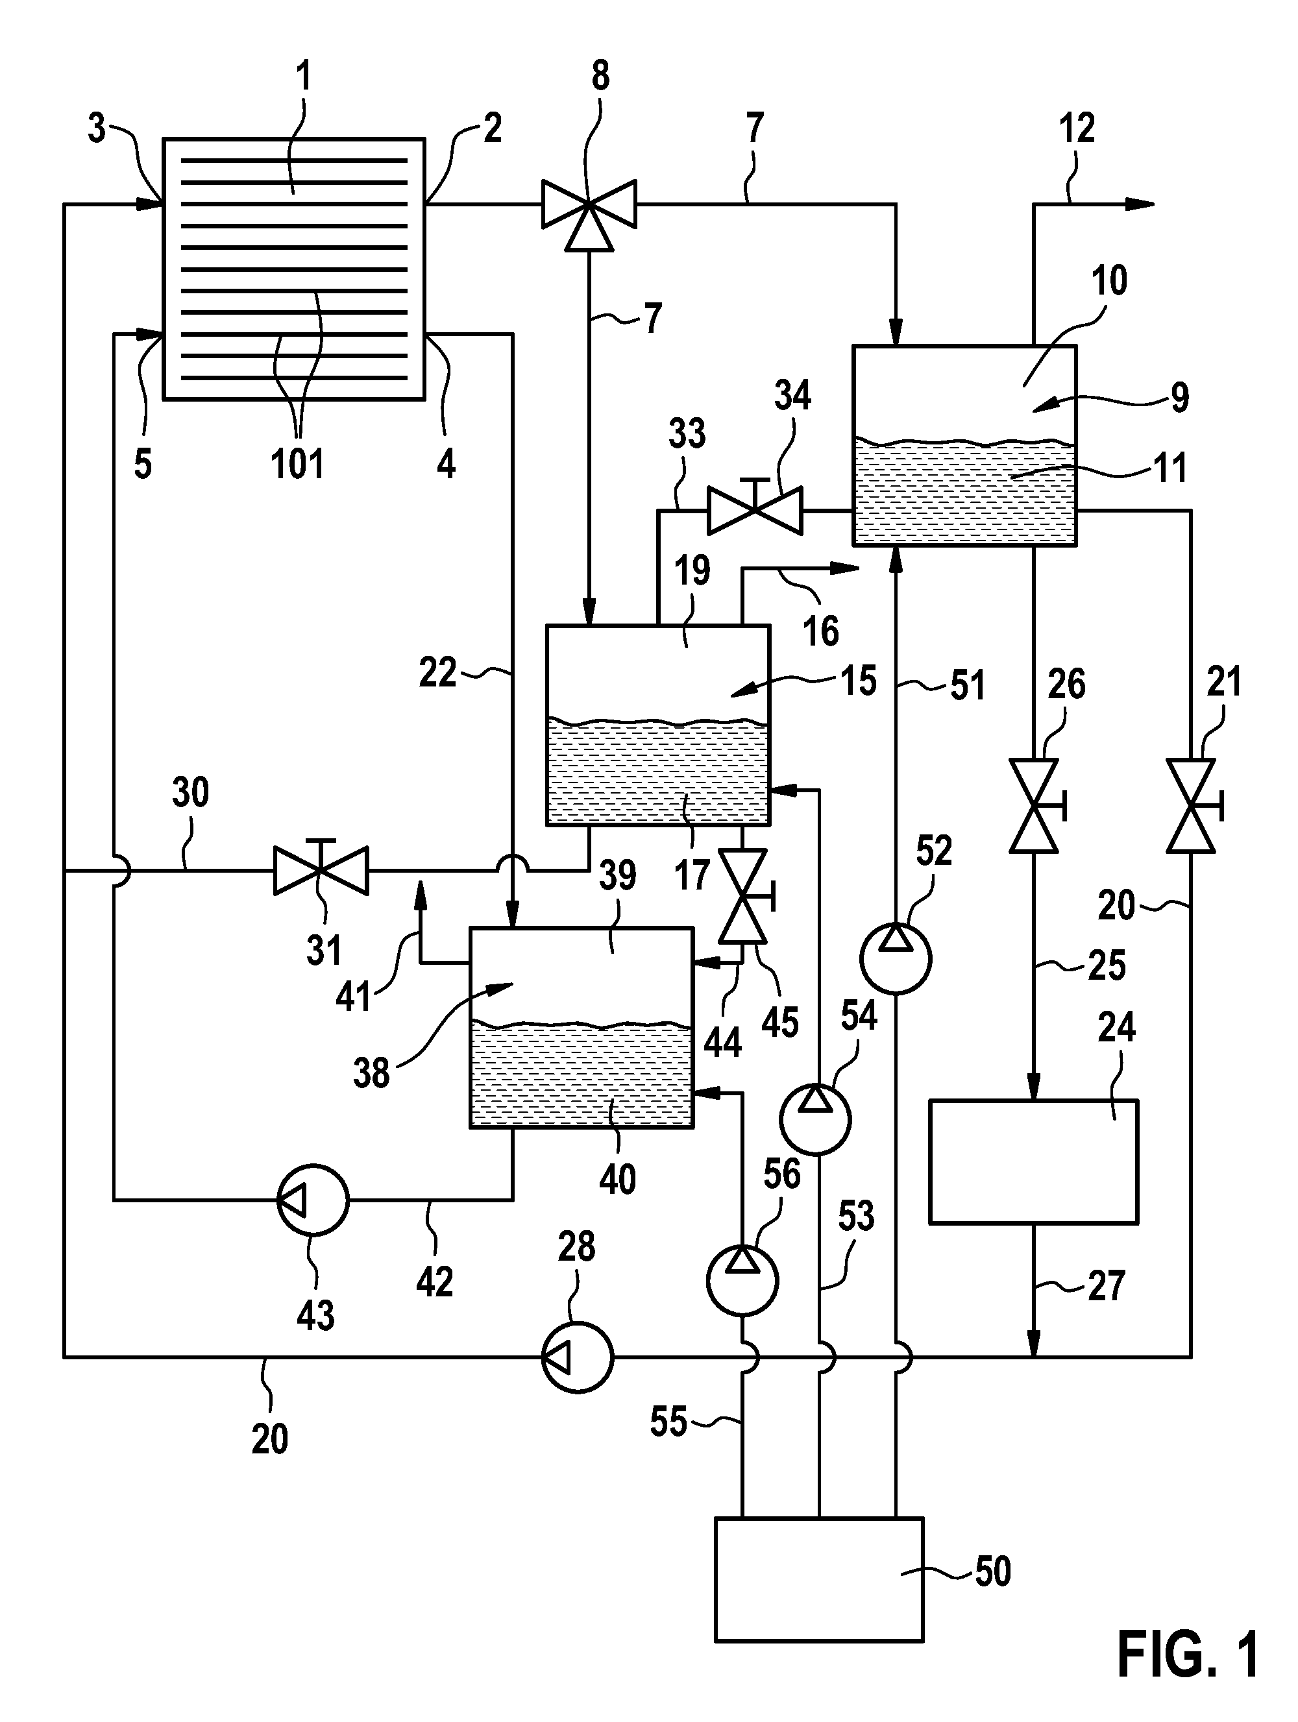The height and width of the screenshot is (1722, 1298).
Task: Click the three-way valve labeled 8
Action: pos(589,209)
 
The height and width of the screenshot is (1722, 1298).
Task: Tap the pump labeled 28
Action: pos(577,1357)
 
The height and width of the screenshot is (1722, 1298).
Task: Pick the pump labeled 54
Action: pos(815,1119)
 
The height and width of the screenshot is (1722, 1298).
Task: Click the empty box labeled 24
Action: pos(1034,1161)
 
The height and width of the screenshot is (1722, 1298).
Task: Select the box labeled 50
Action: pos(819,1579)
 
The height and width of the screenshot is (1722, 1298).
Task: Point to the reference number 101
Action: pos(297,464)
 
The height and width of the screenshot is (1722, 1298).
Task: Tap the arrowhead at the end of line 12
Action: pos(1139,204)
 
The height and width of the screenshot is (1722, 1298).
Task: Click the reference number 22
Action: pos(437,672)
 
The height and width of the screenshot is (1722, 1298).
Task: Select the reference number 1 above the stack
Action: pos(304,77)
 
